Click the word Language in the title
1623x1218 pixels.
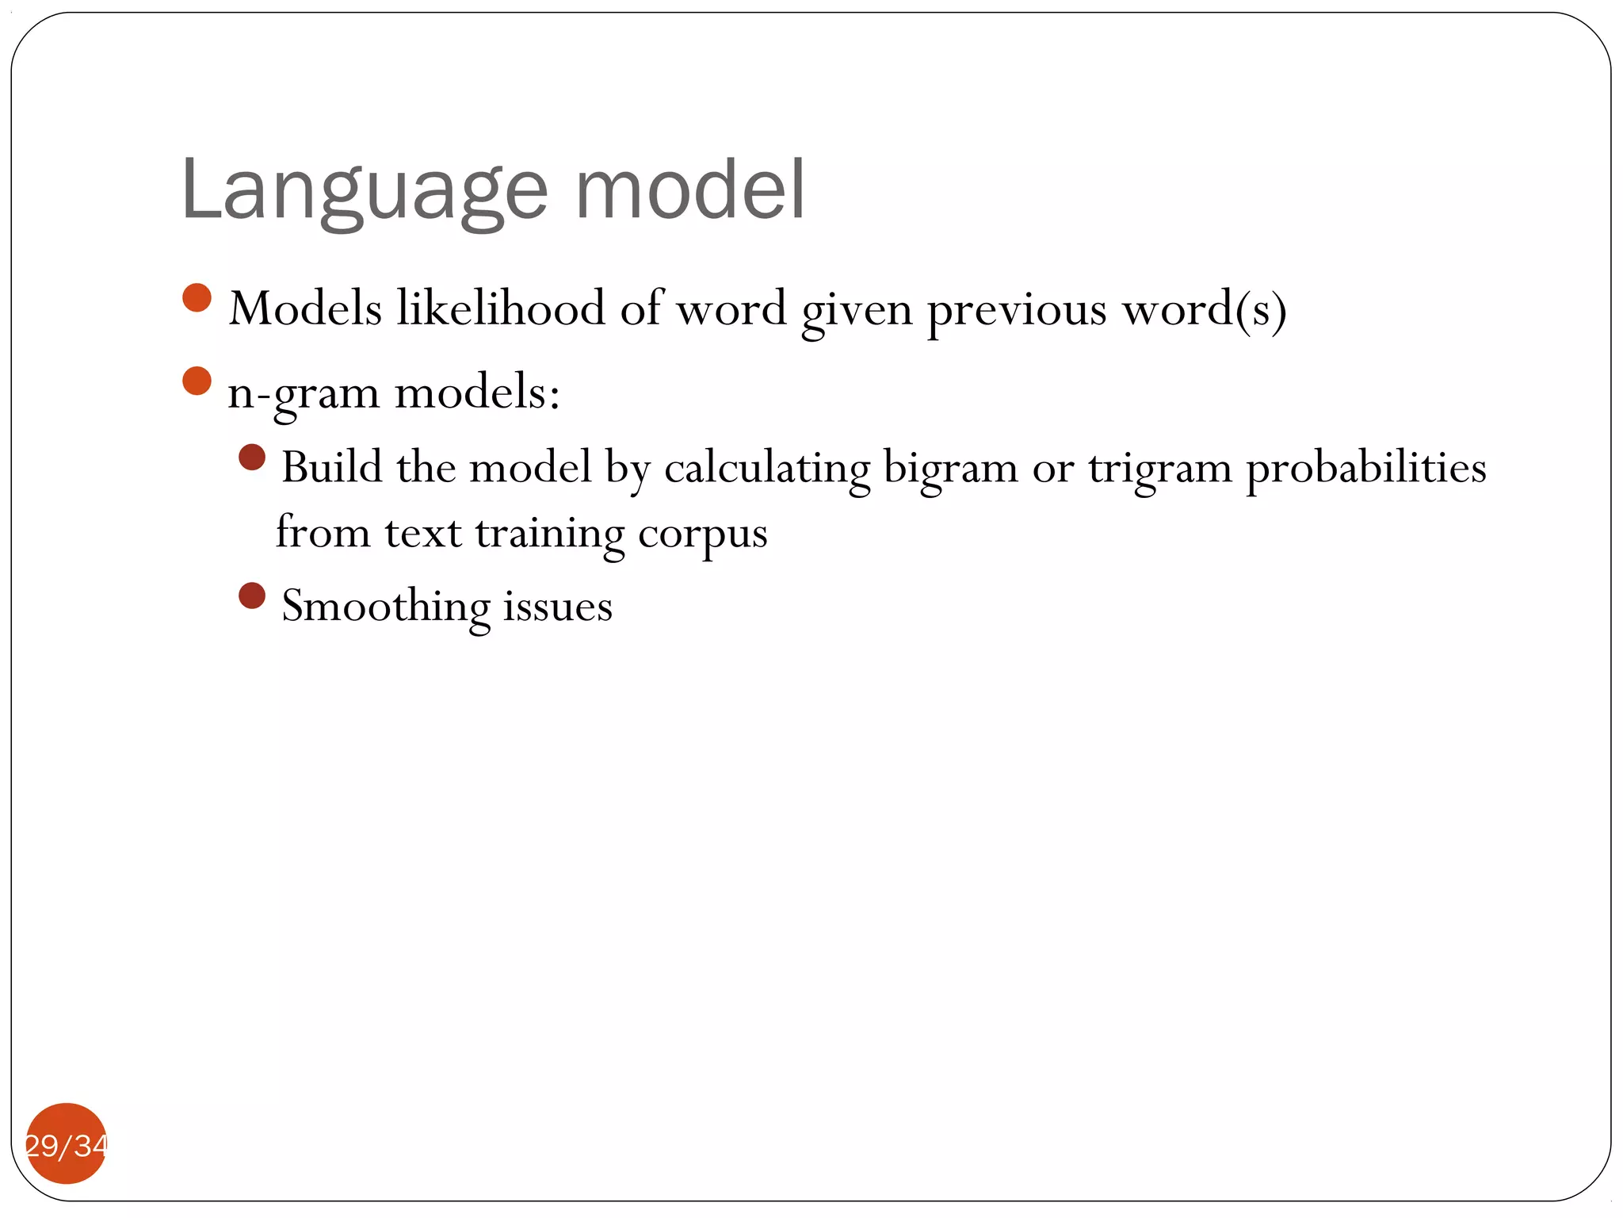tap(364, 191)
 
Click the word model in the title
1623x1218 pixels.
tap(689, 190)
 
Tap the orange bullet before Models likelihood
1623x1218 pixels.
tap(197, 298)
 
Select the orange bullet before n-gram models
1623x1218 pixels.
tap(197, 381)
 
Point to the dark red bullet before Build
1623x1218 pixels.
tap(252, 458)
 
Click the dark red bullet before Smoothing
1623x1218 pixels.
tap(252, 596)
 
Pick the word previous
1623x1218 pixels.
tap(1017, 309)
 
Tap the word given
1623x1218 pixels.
tap(857, 309)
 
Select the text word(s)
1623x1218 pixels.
tap(1205, 309)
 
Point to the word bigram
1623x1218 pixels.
tap(950, 468)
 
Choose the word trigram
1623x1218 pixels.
tap(1160, 468)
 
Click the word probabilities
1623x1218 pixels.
tap(1366, 468)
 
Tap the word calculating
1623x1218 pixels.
tap(766, 468)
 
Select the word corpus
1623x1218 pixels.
tap(702, 534)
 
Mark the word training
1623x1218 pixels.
tap(550, 534)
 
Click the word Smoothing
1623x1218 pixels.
tap(386, 607)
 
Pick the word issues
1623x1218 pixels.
tap(558, 607)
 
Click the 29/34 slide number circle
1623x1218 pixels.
tap(67, 1143)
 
